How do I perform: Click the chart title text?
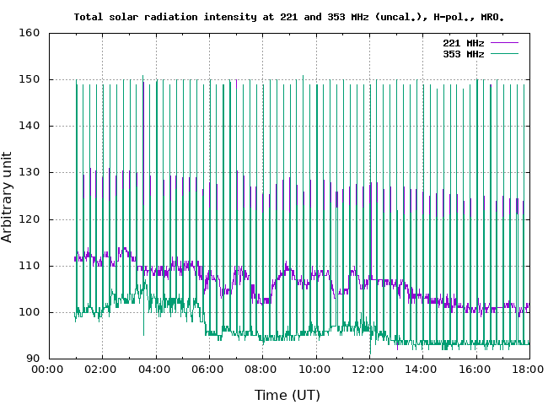[x=289, y=16]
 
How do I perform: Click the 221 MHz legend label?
[x=463, y=42]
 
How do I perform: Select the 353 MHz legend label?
[x=463, y=53]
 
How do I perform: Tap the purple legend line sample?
[x=503, y=42]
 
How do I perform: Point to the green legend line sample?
[x=503, y=53]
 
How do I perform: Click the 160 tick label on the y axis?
[x=30, y=34]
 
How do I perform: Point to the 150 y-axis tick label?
[x=30, y=80]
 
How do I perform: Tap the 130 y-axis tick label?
[x=30, y=173]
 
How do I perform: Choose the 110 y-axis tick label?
[x=30, y=266]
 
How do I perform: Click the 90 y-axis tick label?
[x=34, y=359]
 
